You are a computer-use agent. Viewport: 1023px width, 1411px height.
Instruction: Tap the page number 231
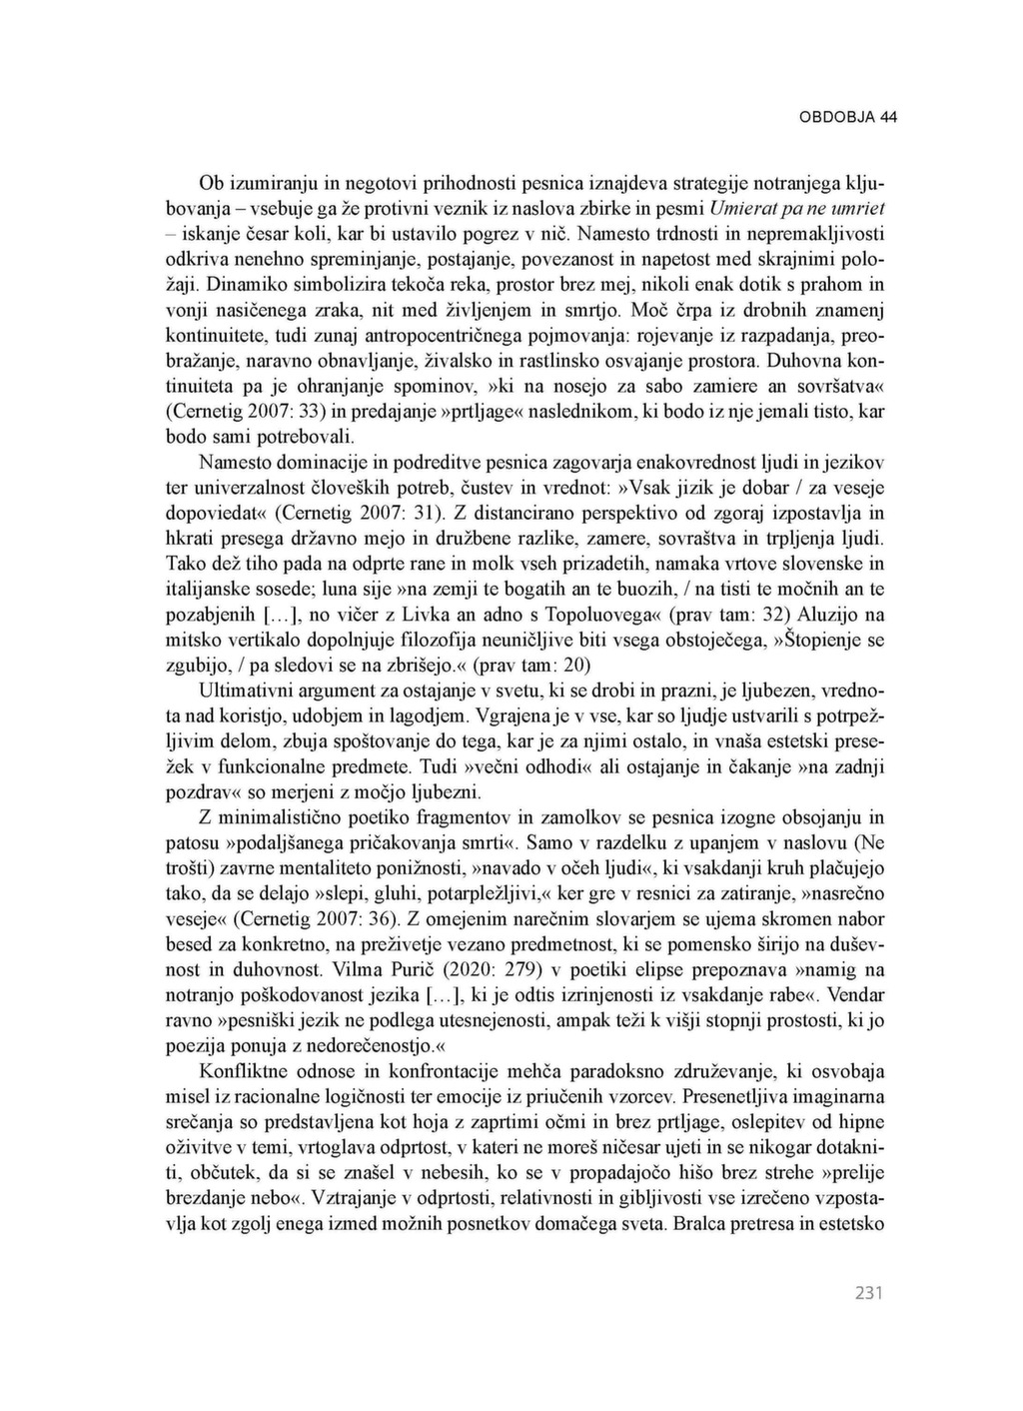(869, 1293)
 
